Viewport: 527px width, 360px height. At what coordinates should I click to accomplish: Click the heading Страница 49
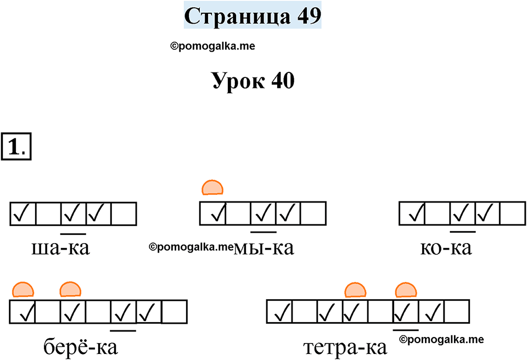pyautogui.click(x=252, y=16)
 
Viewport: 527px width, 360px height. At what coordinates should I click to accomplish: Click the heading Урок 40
pyautogui.click(x=253, y=82)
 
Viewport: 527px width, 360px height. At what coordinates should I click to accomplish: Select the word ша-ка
pyautogui.click(x=61, y=249)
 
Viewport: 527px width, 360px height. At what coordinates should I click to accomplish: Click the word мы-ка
pyautogui.click(x=264, y=249)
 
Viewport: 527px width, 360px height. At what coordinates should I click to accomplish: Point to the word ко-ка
pyautogui.click(x=445, y=249)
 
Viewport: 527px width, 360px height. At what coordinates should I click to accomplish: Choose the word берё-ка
pyautogui.click(x=80, y=347)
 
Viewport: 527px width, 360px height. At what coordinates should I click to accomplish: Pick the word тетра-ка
pyautogui.click(x=345, y=347)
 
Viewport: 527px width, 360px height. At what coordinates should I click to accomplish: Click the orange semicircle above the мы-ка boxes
pyautogui.click(x=212, y=188)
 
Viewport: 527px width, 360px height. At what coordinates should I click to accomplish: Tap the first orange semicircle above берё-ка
pyautogui.click(x=23, y=289)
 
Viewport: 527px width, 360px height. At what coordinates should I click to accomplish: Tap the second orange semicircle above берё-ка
pyautogui.click(x=70, y=289)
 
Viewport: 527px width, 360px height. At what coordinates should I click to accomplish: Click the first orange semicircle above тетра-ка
pyautogui.click(x=355, y=289)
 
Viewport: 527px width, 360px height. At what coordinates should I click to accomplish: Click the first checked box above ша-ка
pyautogui.click(x=23, y=213)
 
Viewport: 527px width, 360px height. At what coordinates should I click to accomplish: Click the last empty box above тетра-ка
pyautogui.click(x=457, y=312)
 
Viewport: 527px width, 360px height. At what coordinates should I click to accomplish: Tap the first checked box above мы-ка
pyautogui.click(x=213, y=213)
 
